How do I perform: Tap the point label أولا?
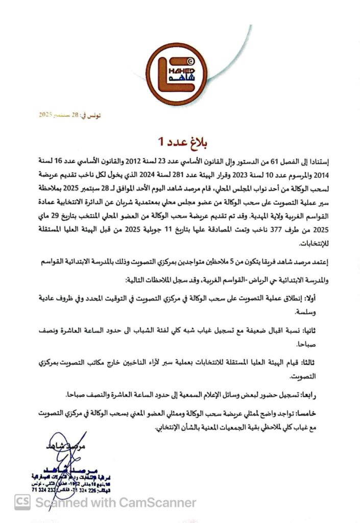point(316,296)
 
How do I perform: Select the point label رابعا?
point(315,395)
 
